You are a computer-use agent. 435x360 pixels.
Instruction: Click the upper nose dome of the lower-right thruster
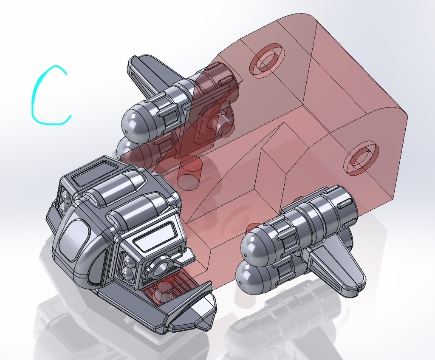255,244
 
